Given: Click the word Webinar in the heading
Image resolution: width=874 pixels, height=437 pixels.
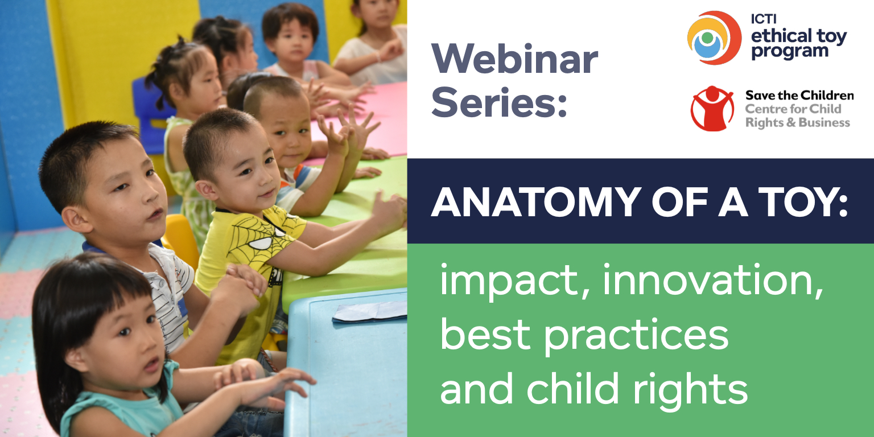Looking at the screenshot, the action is pos(514,59).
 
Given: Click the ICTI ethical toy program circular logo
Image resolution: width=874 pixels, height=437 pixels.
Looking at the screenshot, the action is pos(714,38).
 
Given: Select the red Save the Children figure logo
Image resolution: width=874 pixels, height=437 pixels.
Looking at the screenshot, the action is pos(712,109).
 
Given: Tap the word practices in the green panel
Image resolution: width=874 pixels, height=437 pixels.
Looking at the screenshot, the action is pos(636,336).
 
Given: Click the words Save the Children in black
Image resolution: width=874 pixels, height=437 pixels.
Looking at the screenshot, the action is pos(799,95).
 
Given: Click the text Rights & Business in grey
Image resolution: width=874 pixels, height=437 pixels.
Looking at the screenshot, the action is pos(798,122).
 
